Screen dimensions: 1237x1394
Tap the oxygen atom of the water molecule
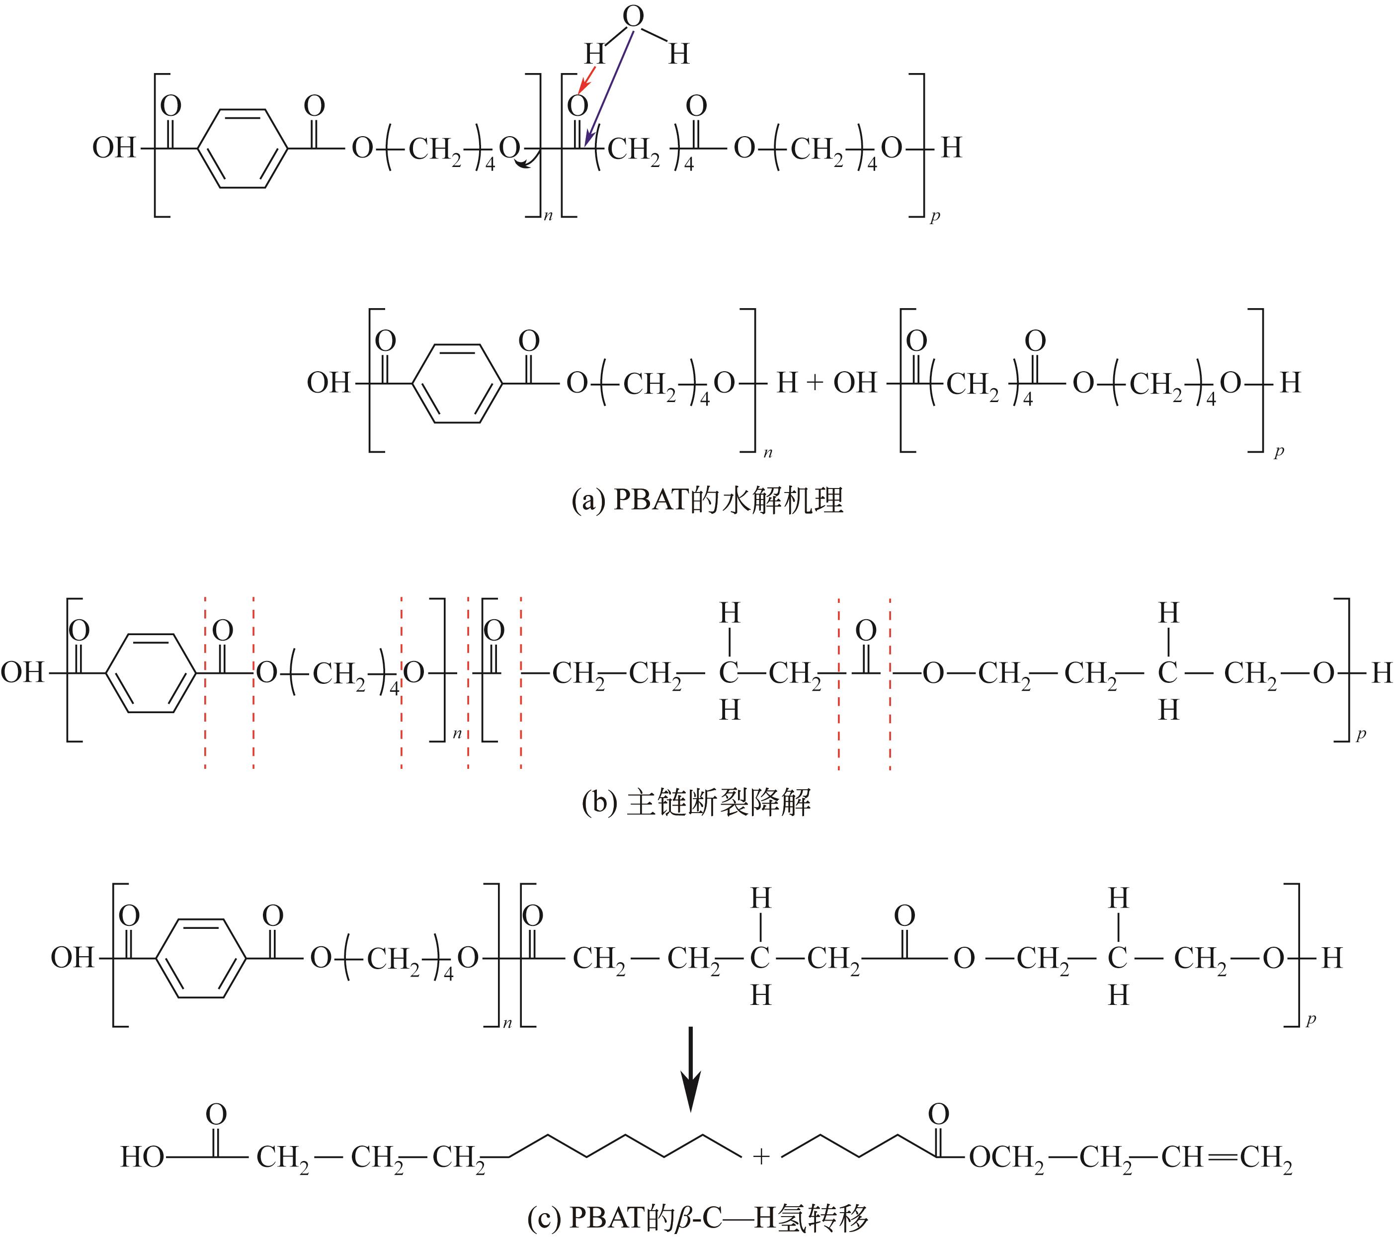(633, 17)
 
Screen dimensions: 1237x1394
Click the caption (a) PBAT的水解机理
(707, 501)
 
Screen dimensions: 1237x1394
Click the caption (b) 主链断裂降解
(696, 803)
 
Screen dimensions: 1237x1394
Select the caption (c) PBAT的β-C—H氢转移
(697, 1217)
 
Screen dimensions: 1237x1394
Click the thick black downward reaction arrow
(692, 1067)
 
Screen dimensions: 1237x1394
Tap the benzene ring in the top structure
(242, 148)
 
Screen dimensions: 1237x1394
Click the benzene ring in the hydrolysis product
(458, 383)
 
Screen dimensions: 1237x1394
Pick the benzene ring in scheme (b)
(152, 674)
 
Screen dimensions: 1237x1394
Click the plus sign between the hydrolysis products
(815, 383)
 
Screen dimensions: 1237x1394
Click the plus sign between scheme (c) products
(761, 1156)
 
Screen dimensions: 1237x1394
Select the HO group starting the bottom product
(142, 1157)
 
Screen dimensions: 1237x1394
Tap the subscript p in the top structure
(934, 217)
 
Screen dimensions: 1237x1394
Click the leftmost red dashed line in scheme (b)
(205, 682)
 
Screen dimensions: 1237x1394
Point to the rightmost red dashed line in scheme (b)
(890, 682)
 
